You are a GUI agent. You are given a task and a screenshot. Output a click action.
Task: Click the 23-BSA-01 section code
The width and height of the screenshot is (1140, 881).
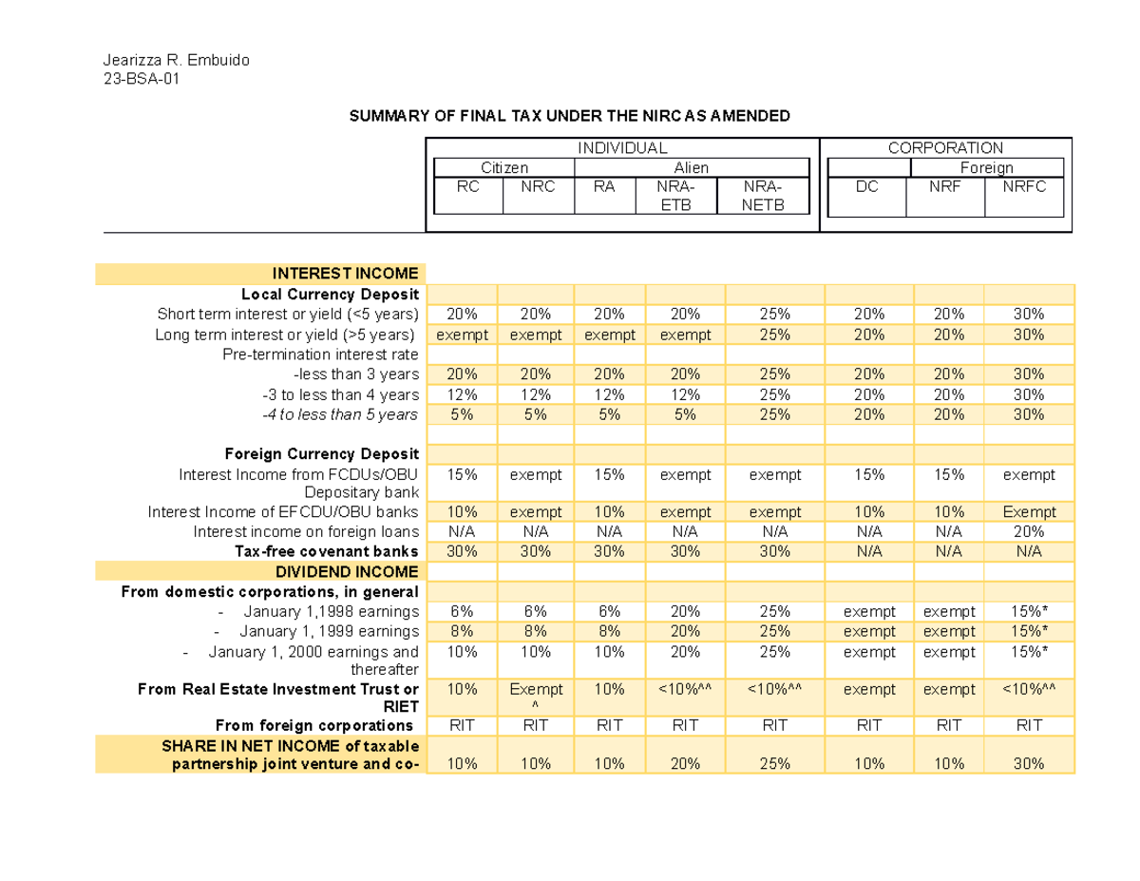point(141,80)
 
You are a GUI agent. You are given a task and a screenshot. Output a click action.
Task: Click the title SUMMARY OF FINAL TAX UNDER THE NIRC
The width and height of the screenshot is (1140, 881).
point(570,117)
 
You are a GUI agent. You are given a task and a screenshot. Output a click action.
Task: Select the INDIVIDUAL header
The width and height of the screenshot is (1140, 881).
point(622,148)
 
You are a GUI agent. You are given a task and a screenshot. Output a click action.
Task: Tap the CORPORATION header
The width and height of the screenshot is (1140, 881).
point(944,148)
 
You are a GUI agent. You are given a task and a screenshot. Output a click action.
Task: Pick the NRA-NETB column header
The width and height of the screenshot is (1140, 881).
point(766,196)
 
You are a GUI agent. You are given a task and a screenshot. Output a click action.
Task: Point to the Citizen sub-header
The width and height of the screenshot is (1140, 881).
point(504,168)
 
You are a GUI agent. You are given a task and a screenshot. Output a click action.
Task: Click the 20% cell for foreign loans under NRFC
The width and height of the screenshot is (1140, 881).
point(1029,531)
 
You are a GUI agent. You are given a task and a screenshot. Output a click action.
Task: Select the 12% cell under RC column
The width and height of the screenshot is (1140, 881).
point(462,394)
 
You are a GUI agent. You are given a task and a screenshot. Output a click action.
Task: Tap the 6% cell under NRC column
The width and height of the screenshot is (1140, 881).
point(537,611)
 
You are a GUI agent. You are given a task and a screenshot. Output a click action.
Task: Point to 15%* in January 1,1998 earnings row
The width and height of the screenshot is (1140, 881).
point(1029,611)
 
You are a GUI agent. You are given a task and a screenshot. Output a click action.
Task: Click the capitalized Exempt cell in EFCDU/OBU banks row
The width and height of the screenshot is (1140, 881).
point(1029,512)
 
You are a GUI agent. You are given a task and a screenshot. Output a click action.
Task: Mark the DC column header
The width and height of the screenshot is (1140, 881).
point(867,187)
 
